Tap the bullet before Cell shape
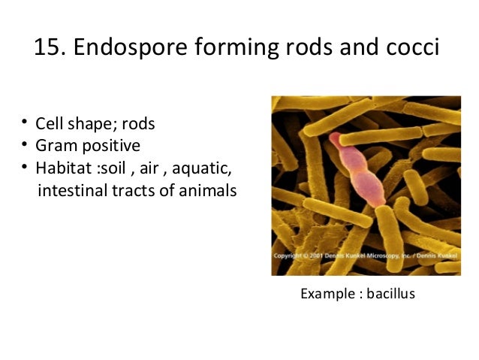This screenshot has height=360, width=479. tap(25, 123)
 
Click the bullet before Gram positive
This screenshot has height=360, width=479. tap(25, 144)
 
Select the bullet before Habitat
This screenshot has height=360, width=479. tap(25, 166)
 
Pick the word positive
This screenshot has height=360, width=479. tap(109, 145)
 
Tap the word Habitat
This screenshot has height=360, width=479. tap(65, 167)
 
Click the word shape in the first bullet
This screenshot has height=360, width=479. tap(100, 123)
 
